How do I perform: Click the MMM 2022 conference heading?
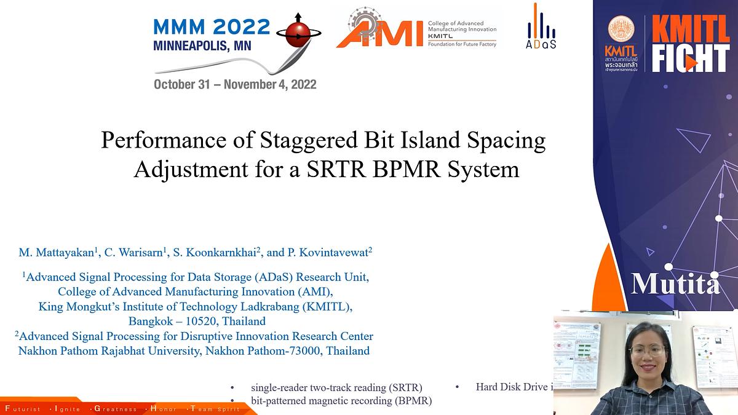[211, 26]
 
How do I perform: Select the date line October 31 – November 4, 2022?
[235, 84]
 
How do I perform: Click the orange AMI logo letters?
[379, 35]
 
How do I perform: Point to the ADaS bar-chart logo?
[541, 28]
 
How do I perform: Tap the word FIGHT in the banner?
[690, 59]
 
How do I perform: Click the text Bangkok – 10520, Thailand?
[197, 321]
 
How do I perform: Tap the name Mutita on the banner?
[675, 284]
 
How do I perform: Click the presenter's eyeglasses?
[646, 350]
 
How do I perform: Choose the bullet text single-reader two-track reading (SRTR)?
[336, 387]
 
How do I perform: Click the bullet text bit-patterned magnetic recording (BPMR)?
[341, 401]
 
